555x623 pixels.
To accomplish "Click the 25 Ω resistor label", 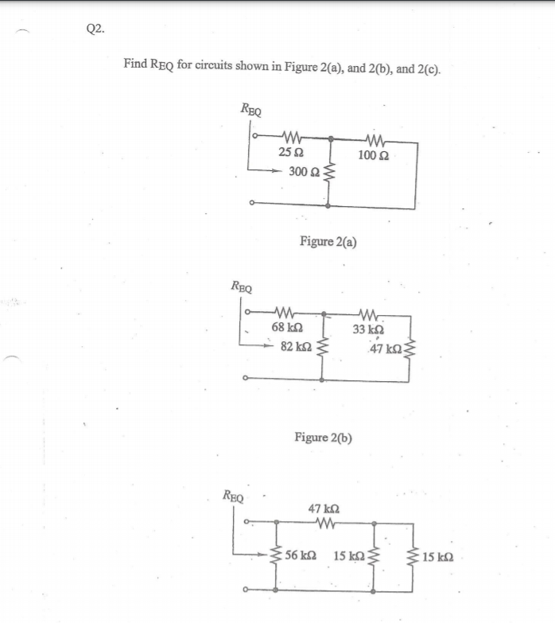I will point(289,152).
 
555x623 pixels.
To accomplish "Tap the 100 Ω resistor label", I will point(372,154).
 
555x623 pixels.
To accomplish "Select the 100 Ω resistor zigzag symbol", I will point(372,137).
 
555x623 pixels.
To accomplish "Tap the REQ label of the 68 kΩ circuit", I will point(241,285).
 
